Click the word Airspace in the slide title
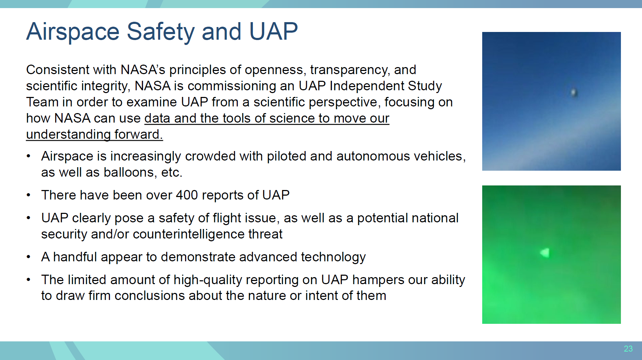tap(73, 32)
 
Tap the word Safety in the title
tap(160, 32)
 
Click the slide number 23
tap(628, 349)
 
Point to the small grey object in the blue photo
tap(574, 92)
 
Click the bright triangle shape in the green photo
tap(545, 253)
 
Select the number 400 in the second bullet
tap(187, 195)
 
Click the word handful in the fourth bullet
tap(75, 257)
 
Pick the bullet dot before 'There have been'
tap(28, 195)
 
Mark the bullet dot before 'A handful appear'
tap(28, 257)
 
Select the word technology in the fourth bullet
tap(333, 257)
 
